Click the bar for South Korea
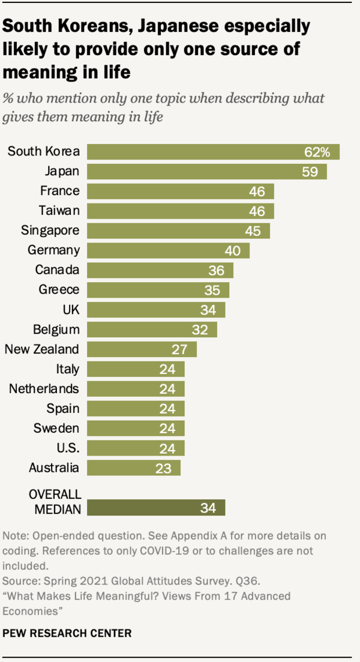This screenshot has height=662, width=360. (213, 152)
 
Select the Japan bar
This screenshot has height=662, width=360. (207, 172)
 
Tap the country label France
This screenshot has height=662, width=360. (59, 191)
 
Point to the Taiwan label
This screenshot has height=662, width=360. (59, 211)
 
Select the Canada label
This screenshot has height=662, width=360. (57, 270)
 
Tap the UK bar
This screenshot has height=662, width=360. (156, 310)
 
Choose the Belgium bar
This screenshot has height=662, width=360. (152, 329)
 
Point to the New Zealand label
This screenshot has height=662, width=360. (42, 349)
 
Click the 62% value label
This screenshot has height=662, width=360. (317, 152)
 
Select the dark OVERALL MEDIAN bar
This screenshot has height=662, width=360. (156, 508)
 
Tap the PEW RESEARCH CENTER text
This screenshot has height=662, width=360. (67, 633)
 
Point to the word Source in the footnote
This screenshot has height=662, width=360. (19, 581)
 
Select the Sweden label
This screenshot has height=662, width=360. (57, 428)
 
